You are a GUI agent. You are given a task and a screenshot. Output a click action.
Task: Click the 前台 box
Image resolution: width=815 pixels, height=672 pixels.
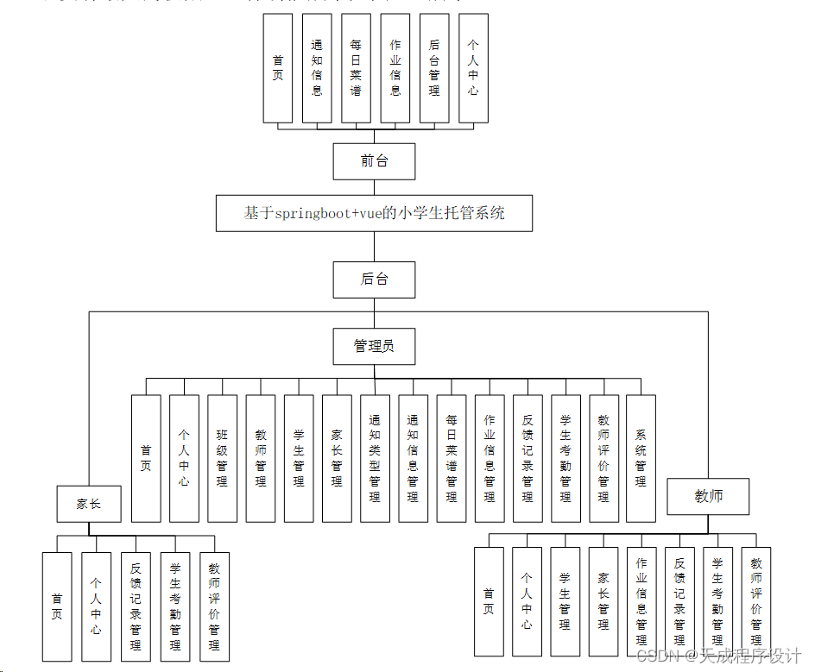pos(374,160)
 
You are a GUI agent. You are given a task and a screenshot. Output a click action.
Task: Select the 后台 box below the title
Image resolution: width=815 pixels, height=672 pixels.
pos(374,279)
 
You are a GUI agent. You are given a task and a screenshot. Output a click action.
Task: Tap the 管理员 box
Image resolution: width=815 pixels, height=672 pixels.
pos(374,346)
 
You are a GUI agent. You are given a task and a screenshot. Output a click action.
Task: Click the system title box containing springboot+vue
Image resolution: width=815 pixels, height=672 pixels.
pos(374,213)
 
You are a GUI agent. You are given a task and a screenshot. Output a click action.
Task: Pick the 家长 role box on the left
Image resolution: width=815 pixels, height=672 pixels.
pos(89,504)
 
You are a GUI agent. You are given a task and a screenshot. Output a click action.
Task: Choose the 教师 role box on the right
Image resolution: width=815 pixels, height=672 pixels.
pos(708,496)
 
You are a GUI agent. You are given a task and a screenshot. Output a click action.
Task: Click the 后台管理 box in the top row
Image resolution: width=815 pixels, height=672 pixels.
pos(434,68)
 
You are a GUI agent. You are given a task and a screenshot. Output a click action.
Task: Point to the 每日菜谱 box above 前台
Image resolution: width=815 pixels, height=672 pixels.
pos(356,68)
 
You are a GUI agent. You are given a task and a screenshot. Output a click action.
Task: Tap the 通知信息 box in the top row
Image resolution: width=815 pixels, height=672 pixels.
pos(317,68)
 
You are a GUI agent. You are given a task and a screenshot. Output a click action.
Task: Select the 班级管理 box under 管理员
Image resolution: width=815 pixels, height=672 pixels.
pos(222,458)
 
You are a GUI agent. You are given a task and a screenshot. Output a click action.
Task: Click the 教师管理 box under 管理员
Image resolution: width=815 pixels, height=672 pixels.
pos(261,458)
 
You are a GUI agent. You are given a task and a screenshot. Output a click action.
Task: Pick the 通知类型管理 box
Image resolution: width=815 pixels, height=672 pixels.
pos(375,458)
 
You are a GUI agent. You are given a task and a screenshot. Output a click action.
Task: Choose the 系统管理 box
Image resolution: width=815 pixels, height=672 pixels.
pos(641,458)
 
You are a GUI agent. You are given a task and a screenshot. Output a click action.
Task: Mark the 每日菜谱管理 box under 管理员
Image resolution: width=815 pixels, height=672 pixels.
pos(452,458)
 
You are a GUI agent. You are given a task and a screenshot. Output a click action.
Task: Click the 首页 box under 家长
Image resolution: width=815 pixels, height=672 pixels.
pos(57,606)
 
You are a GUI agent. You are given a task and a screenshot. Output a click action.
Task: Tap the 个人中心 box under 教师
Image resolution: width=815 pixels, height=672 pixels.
pos(527,601)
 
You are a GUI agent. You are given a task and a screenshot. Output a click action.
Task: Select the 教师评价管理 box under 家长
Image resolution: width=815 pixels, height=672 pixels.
pos(214,606)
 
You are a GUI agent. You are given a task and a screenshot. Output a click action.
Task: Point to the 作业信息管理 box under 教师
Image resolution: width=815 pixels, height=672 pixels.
pos(641,601)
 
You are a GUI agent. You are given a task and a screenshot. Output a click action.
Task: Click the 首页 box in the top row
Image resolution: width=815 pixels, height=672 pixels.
pos(278,68)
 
